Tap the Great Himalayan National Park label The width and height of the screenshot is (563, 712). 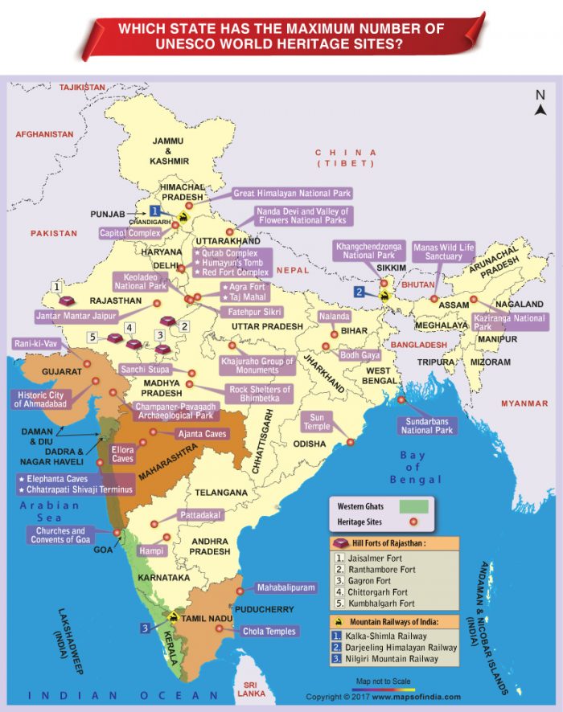pos(292,194)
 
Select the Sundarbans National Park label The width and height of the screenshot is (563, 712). pos(428,425)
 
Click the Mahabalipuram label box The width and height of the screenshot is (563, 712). pos(286,587)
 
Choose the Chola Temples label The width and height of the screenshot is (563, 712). pos(270,632)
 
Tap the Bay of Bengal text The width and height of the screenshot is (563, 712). pos(412,468)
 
